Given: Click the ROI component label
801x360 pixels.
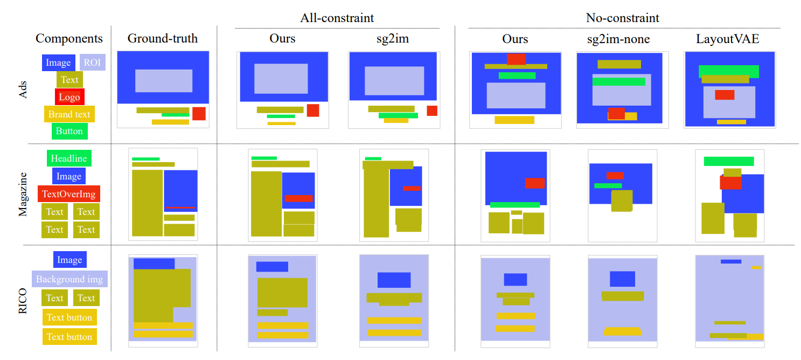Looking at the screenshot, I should (x=92, y=63).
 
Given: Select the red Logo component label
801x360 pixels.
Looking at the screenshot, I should (x=69, y=97).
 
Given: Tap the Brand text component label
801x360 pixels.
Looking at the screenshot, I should (x=69, y=114).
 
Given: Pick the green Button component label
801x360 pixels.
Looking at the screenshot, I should (x=69, y=131).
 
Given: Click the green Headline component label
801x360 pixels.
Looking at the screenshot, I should (x=69, y=158).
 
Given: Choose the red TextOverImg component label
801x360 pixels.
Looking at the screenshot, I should (x=69, y=194).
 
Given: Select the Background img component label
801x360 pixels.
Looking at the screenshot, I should (x=69, y=279).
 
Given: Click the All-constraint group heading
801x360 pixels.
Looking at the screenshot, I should (x=337, y=18).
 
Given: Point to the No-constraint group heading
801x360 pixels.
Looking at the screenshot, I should (x=622, y=18).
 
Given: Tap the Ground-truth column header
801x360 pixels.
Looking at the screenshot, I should (x=163, y=38).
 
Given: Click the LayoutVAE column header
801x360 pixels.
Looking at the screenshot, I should (x=727, y=39).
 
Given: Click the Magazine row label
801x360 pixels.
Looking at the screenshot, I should (x=23, y=194).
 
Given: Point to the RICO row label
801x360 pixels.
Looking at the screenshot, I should (x=23, y=301).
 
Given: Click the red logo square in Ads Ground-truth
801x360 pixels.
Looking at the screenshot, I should (x=199, y=114).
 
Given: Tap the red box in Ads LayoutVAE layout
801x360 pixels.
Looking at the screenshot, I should (x=725, y=95).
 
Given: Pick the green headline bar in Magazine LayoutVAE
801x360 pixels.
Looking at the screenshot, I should (x=728, y=161).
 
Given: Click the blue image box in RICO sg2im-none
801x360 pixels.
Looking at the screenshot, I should (x=622, y=279).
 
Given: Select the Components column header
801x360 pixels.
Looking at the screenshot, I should (x=69, y=39).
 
